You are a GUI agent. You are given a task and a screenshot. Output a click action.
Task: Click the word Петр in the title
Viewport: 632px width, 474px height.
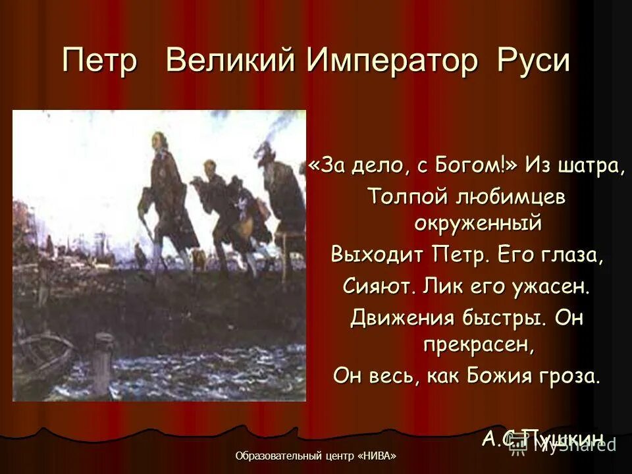[100, 61]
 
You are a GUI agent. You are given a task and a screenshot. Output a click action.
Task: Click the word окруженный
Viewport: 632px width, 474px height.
[477, 224]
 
